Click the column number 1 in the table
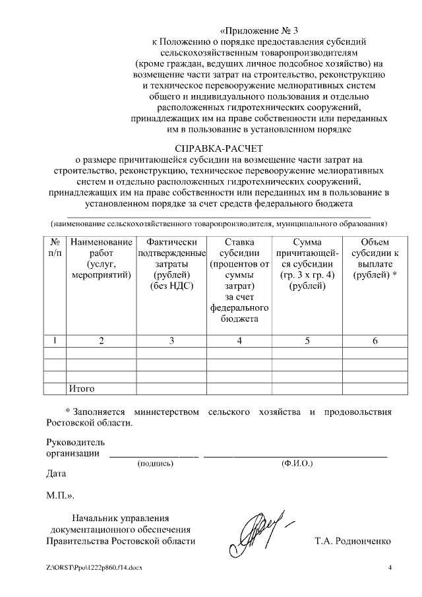[x=55, y=340]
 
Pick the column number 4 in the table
[x=239, y=340]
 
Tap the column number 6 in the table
[x=375, y=340]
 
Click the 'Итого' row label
[x=82, y=389]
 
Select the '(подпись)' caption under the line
[x=155, y=464]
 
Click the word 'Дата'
[x=57, y=473]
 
